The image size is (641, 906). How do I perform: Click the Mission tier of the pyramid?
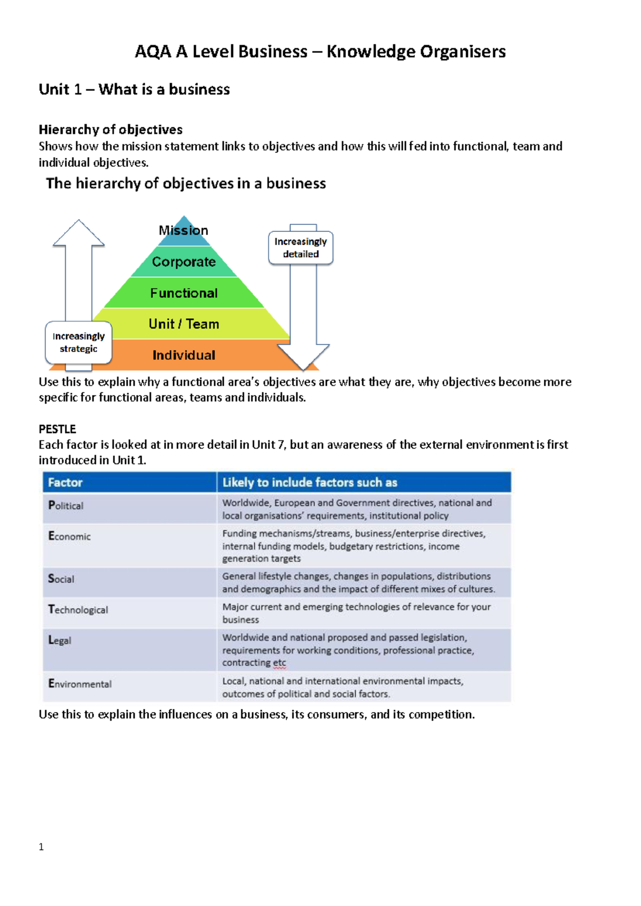(184, 231)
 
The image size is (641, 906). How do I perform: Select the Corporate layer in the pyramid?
(184, 262)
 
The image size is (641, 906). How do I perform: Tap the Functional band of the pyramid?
(184, 293)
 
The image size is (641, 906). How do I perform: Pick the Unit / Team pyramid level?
(184, 324)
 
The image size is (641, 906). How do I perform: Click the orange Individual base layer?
(184, 355)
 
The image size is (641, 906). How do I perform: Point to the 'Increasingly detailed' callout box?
(301, 248)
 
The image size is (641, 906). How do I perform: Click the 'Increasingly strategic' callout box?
(79, 342)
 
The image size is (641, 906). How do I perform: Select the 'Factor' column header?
(65, 482)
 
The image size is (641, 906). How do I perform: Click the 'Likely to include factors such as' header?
(310, 482)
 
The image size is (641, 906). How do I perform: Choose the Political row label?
(66, 505)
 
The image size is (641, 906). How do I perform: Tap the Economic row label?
(69, 536)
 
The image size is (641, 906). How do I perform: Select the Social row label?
(61, 579)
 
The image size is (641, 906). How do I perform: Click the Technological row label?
(78, 610)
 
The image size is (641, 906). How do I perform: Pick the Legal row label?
(59, 640)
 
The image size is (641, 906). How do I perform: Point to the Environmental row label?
(80, 684)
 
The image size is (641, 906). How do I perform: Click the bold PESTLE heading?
(57, 429)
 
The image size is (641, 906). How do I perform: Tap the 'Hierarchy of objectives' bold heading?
(111, 130)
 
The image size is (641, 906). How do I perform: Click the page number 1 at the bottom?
(41, 847)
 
